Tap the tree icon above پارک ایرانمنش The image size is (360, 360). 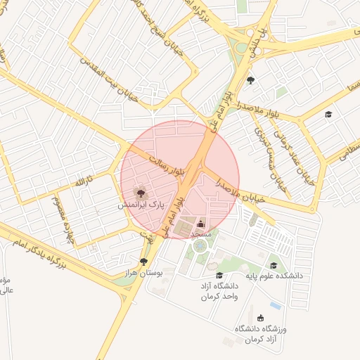[x=140, y=191]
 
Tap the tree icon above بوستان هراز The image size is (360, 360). [x=144, y=262]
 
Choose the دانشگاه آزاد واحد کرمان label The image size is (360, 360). [x=219, y=291]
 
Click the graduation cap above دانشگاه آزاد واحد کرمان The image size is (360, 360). [x=219, y=275]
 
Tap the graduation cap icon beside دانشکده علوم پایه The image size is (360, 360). [x=274, y=265]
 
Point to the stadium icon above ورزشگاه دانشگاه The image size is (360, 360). [x=262, y=318]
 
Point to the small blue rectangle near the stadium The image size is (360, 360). [x=275, y=307]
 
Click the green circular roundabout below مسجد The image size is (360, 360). [x=200, y=246]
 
